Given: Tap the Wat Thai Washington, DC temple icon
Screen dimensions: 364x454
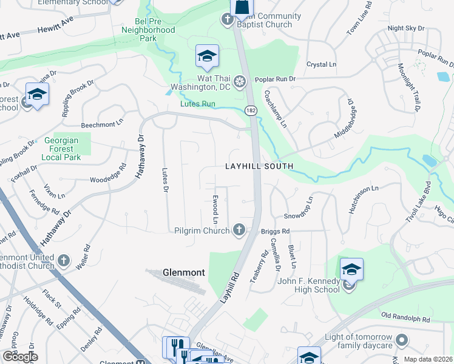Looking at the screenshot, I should tap(240, 81).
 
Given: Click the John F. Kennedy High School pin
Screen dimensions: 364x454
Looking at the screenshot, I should tap(351, 270).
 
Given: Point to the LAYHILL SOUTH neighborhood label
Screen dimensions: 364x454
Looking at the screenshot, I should tap(259, 166).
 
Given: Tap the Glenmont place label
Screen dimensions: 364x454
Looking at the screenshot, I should tap(183, 272).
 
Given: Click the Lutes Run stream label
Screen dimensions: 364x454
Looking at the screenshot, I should tap(198, 104).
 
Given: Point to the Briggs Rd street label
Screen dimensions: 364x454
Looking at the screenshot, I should tap(275, 231).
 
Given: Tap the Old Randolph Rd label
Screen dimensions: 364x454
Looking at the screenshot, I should tap(405, 317).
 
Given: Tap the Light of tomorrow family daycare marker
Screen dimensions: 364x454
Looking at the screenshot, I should tap(401, 339).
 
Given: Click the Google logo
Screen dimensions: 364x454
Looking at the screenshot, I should tap(19, 356).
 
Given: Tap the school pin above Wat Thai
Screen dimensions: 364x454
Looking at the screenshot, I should tap(207, 57).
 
